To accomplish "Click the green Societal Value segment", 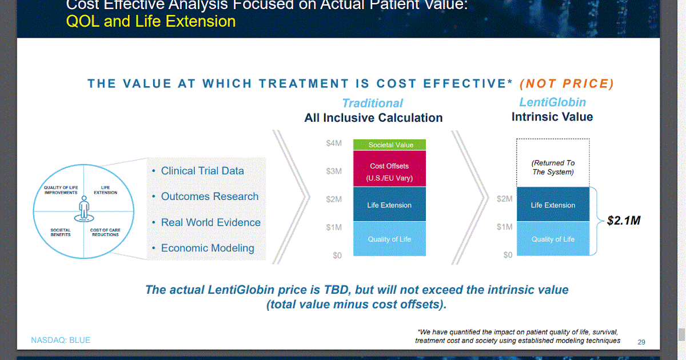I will [x=390, y=145].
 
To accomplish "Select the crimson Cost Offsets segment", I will [x=390, y=171].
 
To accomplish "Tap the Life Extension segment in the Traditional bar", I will [x=389, y=205].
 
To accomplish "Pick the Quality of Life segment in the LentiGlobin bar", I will [x=553, y=239].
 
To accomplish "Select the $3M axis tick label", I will [x=334, y=171].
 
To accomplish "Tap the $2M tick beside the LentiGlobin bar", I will [x=505, y=199].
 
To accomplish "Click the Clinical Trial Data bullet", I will [x=202, y=171].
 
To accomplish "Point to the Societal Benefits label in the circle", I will [x=61, y=232].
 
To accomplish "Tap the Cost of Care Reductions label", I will [x=105, y=232].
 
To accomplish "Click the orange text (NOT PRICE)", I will [x=567, y=84].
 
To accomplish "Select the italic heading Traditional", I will [x=372, y=103].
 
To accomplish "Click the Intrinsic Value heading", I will [x=552, y=117].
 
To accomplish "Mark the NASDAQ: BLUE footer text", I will [x=61, y=341].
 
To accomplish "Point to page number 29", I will [x=641, y=342].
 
